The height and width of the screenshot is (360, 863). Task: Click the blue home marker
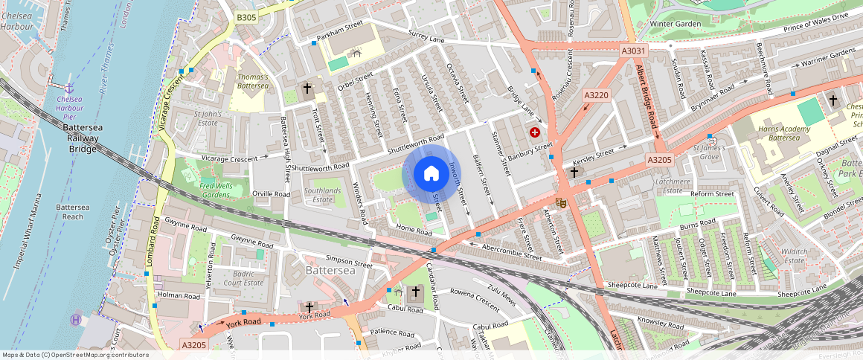tap(431, 174)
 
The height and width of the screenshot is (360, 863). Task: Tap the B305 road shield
tap(246, 17)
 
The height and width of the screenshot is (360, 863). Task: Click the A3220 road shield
tap(597, 95)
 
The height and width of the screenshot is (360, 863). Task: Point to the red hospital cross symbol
tap(535, 132)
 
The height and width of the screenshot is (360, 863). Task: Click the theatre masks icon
tap(562, 202)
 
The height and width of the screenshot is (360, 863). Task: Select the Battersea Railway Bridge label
tap(79, 138)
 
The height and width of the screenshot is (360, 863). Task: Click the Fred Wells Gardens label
tap(205, 189)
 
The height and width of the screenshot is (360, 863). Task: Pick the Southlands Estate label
tap(323, 195)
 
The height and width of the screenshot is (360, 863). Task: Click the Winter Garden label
tap(676, 24)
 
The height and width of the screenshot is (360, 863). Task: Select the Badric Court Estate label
tap(243, 278)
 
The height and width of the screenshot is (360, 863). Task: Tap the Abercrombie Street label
tap(512, 251)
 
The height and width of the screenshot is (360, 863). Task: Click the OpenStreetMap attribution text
tap(75, 355)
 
